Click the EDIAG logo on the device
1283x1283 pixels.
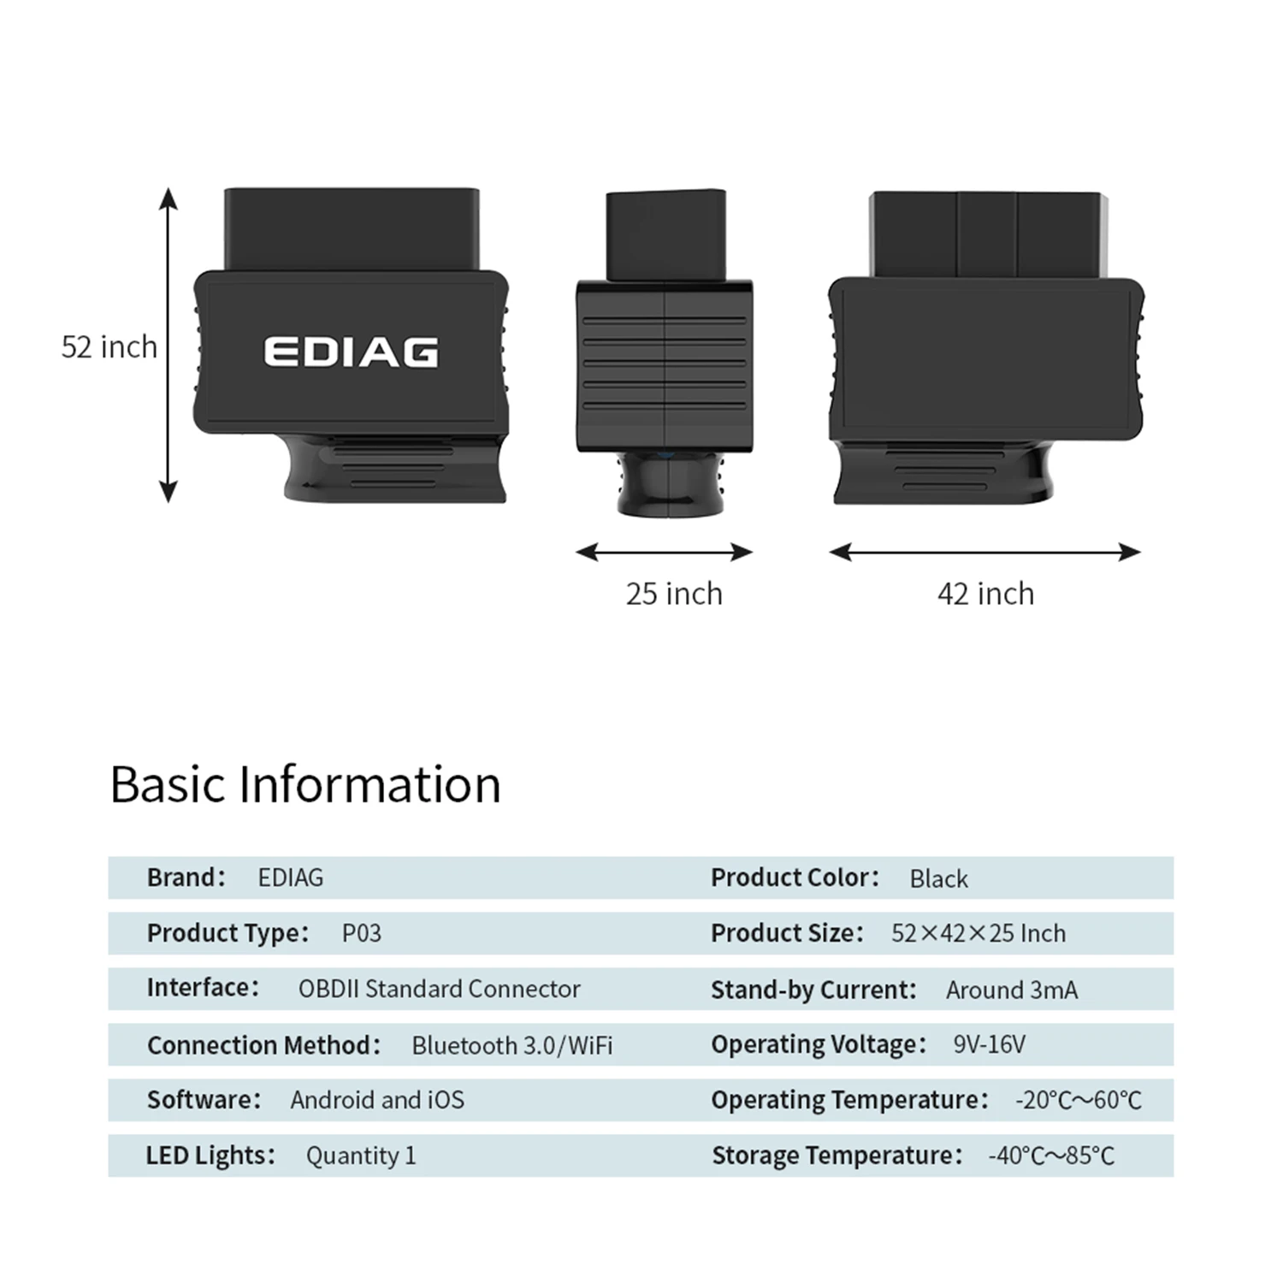coord(351,352)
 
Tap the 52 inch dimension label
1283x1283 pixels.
coord(109,346)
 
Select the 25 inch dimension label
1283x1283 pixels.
coord(674,594)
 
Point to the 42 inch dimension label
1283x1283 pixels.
coord(985,594)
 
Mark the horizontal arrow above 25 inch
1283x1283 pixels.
coord(664,553)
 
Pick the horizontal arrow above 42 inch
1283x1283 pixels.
coord(984,553)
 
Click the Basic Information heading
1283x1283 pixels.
coord(305,784)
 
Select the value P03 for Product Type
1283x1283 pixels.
coord(362,933)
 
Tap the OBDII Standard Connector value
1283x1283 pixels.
coord(439,989)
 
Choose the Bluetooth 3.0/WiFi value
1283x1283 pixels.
coord(511,1045)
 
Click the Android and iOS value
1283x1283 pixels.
coord(377,1100)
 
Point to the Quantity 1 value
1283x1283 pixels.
coord(361,1156)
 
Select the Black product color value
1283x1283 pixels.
coord(938,878)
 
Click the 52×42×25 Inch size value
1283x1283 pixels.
coord(979,933)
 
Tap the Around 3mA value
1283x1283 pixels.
coord(1012,990)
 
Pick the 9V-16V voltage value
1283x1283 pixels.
coord(989,1044)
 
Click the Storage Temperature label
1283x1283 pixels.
coord(837,1156)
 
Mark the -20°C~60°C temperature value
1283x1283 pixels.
coord(1078,1100)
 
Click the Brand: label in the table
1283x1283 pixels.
coord(186,878)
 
